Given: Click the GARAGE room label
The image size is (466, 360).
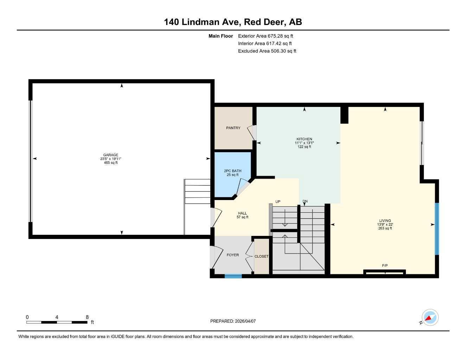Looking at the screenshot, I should (x=110, y=155).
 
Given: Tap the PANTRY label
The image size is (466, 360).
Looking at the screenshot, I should (x=233, y=128).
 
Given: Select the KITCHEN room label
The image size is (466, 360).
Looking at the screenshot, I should (x=304, y=139).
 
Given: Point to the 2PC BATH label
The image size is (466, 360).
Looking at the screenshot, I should (x=232, y=171).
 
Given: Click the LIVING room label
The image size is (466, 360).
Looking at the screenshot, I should (x=385, y=221).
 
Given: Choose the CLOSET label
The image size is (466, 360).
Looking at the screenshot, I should (x=261, y=257).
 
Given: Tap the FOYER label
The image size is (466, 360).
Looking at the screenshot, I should (x=232, y=255).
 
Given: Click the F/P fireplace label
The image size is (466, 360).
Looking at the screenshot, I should (x=385, y=265).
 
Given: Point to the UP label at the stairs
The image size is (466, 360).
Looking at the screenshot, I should (x=278, y=202).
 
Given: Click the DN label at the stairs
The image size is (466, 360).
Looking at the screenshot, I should (x=305, y=201).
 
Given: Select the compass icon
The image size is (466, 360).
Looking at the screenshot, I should (x=430, y=318).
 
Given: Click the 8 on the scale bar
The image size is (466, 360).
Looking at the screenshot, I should (x=87, y=317).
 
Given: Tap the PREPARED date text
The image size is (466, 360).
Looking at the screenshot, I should (x=233, y=321).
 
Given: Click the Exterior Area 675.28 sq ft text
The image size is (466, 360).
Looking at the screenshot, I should (x=266, y=36).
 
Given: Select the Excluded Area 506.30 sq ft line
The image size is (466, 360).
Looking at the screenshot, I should (x=267, y=51).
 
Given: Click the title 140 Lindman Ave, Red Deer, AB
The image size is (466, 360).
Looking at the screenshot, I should (x=233, y=22).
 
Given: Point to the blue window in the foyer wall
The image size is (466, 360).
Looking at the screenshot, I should (x=233, y=276).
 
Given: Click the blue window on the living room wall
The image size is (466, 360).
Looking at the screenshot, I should (x=437, y=229).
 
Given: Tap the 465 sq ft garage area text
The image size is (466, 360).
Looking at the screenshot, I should (x=110, y=163).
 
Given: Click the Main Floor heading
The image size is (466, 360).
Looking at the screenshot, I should (x=221, y=36).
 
